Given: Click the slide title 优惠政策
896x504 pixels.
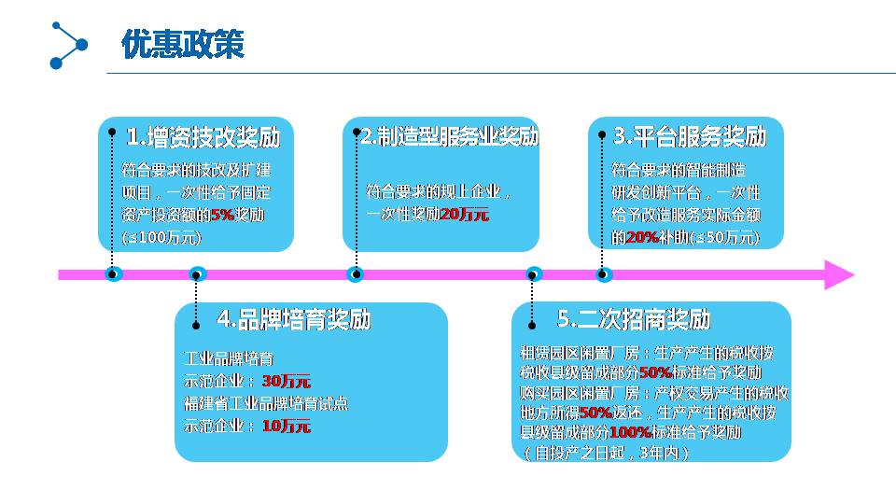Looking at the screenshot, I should pyautogui.click(x=183, y=44).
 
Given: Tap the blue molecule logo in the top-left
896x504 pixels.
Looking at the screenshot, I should pyautogui.click(x=68, y=45).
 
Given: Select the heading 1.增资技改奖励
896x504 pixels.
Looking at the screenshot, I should pyautogui.click(x=203, y=137).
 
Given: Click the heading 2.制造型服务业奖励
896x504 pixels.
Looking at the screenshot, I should pyautogui.click(x=450, y=136).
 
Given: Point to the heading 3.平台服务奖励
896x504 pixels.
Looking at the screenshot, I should pyautogui.click(x=690, y=136).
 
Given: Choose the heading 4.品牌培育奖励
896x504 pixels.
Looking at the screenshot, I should pyautogui.click(x=294, y=319).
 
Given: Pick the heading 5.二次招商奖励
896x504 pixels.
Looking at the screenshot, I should pyautogui.click(x=634, y=319).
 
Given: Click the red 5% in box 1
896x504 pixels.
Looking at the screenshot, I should pyautogui.click(x=222, y=215).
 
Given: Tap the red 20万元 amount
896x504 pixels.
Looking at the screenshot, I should pyautogui.click(x=464, y=215).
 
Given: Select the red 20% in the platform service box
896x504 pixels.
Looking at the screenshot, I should pyautogui.click(x=642, y=238).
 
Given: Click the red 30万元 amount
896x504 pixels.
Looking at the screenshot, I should pyautogui.click(x=287, y=381).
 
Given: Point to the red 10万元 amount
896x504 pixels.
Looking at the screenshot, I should pyautogui.click(x=287, y=427).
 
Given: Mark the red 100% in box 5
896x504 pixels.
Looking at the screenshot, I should pyautogui.click(x=630, y=433).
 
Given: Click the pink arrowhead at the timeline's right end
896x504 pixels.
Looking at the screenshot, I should pyautogui.click(x=838, y=274).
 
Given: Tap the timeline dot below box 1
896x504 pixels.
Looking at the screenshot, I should pyautogui.click(x=113, y=274).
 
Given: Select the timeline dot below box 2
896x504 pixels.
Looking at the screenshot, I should pyautogui.click(x=356, y=274).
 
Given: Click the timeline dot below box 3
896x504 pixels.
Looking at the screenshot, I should pyautogui.click(x=604, y=274).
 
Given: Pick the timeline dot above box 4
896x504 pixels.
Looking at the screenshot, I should pyautogui.click(x=197, y=274).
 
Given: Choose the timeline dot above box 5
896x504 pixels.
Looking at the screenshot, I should pyautogui.click(x=534, y=274).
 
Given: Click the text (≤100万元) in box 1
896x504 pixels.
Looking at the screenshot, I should pyautogui.click(x=161, y=238).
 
